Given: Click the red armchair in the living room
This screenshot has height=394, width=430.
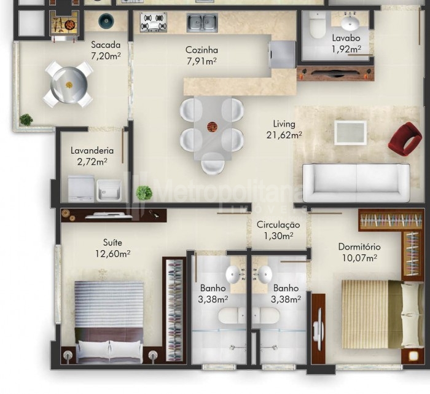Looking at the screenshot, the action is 405,139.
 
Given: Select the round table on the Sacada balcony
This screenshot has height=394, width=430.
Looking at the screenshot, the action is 69,85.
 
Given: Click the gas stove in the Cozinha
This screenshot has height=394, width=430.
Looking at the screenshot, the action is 154,22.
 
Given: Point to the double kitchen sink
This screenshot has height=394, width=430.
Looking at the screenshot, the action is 202,23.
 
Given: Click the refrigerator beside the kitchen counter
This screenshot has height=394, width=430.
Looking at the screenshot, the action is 283,54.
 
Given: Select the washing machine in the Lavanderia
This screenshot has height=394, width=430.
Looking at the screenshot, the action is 81,188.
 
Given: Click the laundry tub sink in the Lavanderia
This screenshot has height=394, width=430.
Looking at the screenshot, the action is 109,190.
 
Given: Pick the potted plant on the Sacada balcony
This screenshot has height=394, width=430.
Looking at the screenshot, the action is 26,120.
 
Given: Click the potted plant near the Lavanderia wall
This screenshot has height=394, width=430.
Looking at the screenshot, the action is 144,192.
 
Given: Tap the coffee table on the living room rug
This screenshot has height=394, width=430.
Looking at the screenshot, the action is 351,133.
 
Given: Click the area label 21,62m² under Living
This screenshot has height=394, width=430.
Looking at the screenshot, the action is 284,135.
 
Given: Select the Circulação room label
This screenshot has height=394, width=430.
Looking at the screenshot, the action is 278,225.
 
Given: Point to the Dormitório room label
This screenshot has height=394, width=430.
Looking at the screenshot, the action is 359,247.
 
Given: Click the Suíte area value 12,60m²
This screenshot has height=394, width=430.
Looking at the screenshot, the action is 112,254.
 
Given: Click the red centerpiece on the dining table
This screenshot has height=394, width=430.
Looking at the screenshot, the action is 212,127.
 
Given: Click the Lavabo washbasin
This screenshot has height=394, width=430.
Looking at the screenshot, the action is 350,23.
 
